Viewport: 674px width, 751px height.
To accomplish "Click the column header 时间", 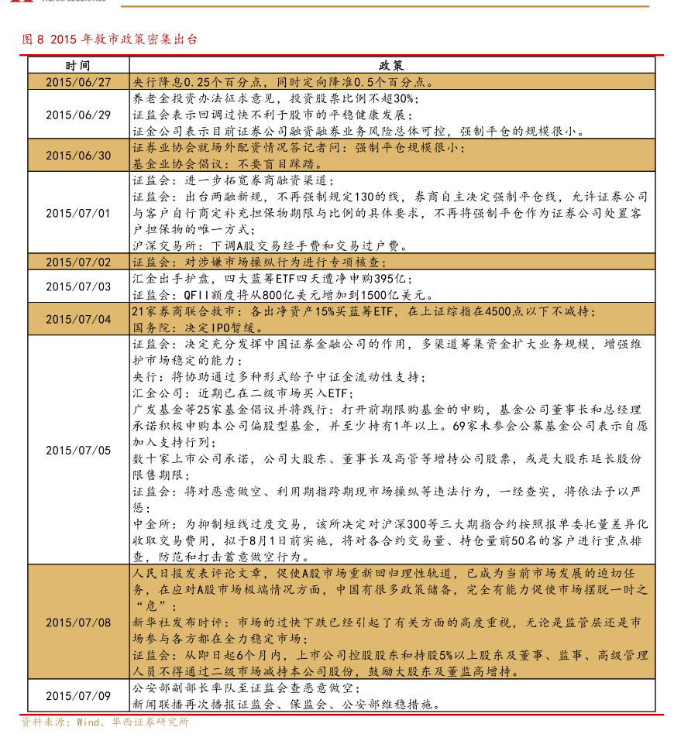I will pyautogui.click(x=78, y=67).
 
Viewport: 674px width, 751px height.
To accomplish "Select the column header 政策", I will pyautogui.click(x=392, y=67).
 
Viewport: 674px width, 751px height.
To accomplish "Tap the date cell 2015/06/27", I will pyautogui.click(x=78, y=81).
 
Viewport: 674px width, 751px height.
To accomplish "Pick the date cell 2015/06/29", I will pyautogui.click(x=78, y=115).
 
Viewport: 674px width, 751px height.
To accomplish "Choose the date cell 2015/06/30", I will pyautogui.click(x=78, y=156).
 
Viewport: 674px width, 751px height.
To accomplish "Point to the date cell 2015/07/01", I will pyautogui.click(x=78, y=213).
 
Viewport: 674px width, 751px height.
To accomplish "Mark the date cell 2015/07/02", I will pyautogui.click(x=78, y=262).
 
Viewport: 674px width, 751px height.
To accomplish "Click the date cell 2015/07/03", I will pyautogui.click(x=78, y=286).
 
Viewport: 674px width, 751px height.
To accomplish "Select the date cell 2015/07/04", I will pyautogui.click(x=78, y=319).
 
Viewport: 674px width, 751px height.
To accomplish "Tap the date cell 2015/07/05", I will pyautogui.click(x=78, y=450).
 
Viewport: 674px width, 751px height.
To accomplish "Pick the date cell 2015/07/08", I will pyautogui.click(x=78, y=622).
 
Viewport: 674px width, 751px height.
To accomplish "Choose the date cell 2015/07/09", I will pyautogui.click(x=78, y=696).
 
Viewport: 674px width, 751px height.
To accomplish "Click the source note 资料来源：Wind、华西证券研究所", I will pyautogui.click(x=105, y=722).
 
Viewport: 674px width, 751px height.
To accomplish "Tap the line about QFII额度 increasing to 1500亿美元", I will pyautogui.click(x=283, y=295).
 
